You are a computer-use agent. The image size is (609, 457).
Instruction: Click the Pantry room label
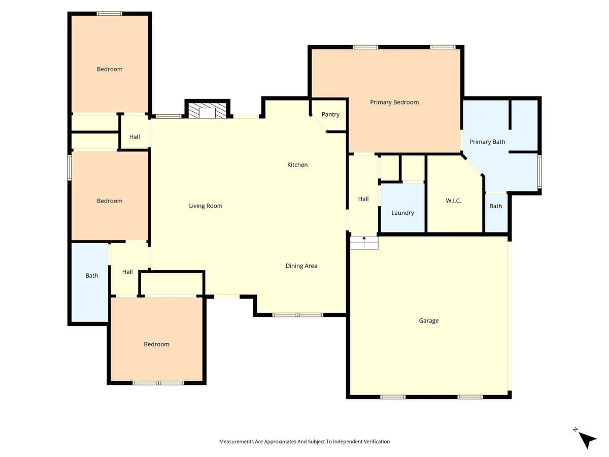click(x=330, y=114)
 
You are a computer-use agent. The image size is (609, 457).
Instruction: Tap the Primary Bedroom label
click(x=394, y=102)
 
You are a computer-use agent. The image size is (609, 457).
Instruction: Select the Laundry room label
click(x=402, y=213)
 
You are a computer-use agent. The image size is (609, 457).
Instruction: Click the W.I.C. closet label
click(x=453, y=201)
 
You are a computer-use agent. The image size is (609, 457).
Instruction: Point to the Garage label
click(x=428, y=320)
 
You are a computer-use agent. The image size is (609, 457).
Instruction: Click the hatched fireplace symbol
click(x=207, y=111)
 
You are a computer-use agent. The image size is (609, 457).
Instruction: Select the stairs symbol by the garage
click(x=364, y=243)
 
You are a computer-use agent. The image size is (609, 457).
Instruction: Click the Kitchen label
click(x=297, y=165)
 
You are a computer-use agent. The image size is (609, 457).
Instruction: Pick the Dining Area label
click(x=301, y=266)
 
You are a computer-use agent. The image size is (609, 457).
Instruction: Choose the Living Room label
click(x=206, y=206)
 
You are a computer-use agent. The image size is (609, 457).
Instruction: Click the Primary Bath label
click(x=487, y=142)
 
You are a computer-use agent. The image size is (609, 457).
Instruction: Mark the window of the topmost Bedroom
click(x=110, y=14)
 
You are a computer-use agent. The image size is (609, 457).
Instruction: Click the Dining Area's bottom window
click(x=298, y=315)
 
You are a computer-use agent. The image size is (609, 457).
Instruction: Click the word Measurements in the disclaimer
click(x=236, y=442)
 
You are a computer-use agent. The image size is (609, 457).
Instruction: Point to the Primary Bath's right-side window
click(x=539, y=172)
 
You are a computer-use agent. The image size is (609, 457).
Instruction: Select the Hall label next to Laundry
click(x=363, y=199)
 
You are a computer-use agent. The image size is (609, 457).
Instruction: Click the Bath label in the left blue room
click(x=91, y=275)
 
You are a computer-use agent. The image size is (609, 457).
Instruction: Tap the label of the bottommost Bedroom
click(x=156, y=344)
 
